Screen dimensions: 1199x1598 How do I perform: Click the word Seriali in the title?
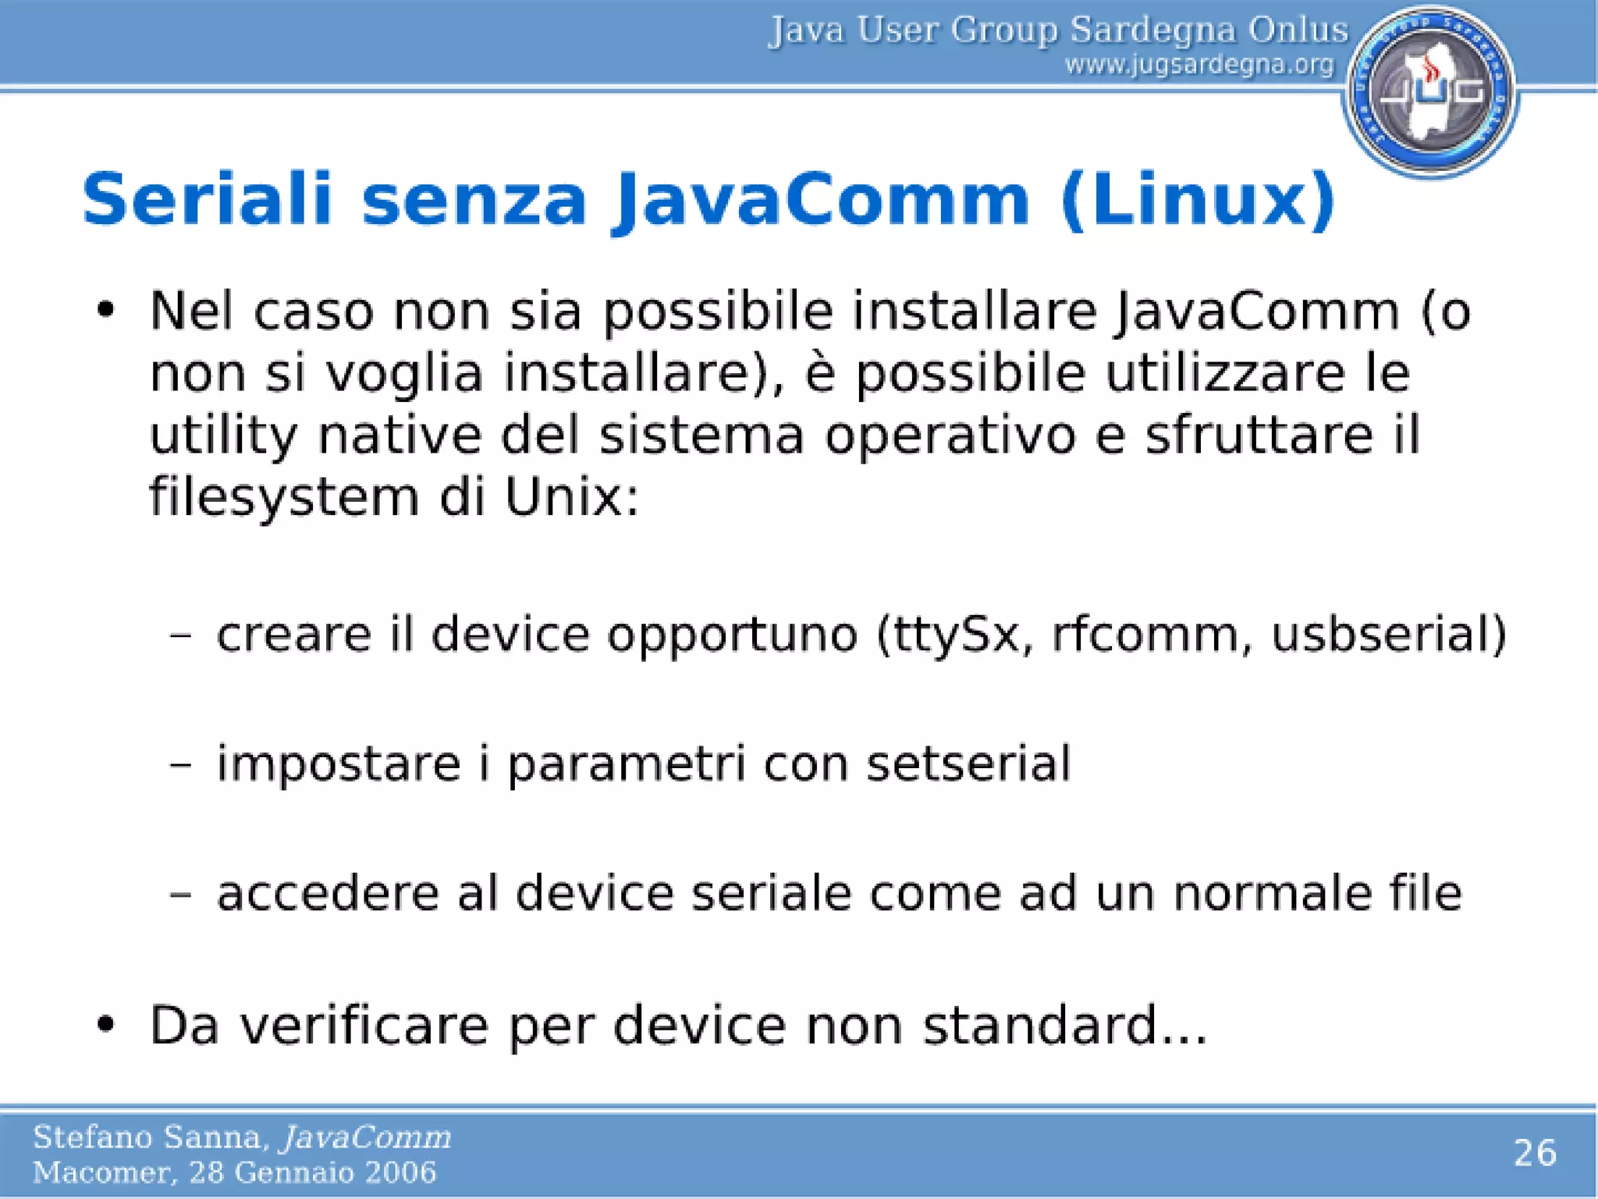(207, 200)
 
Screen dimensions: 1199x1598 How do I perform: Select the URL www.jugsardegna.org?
(1199, 65)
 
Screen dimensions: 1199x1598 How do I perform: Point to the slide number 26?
(1535, 1153)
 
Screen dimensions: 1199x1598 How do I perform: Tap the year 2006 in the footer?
(403, 1172)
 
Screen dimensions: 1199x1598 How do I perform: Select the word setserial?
(968, 763)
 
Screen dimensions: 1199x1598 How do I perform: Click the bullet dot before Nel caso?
(106, 311)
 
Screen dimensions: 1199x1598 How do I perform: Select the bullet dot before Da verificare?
(106, 1023)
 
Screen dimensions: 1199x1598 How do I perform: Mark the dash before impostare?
(180, 765)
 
